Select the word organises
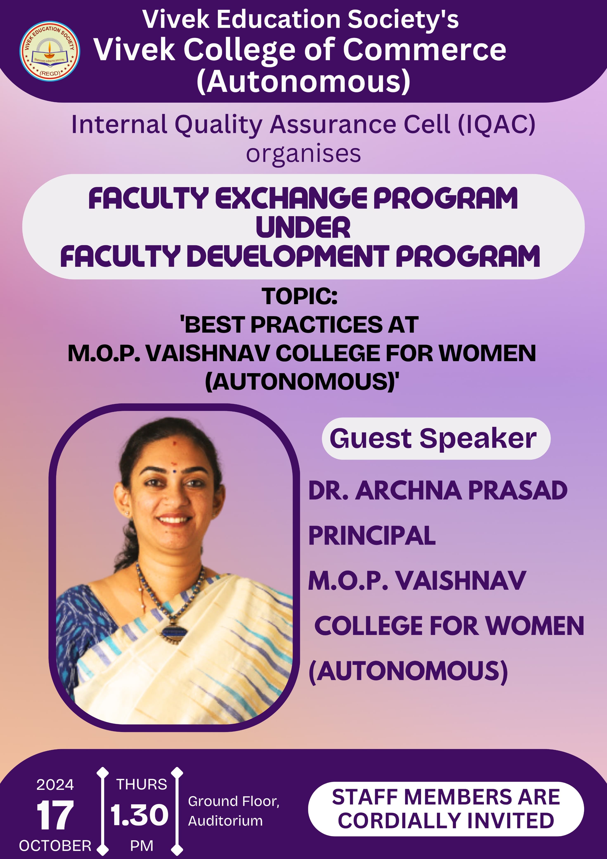pyautogui.click(x=303, y=154)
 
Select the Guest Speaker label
pyautogui.click(x=433, y=438)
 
